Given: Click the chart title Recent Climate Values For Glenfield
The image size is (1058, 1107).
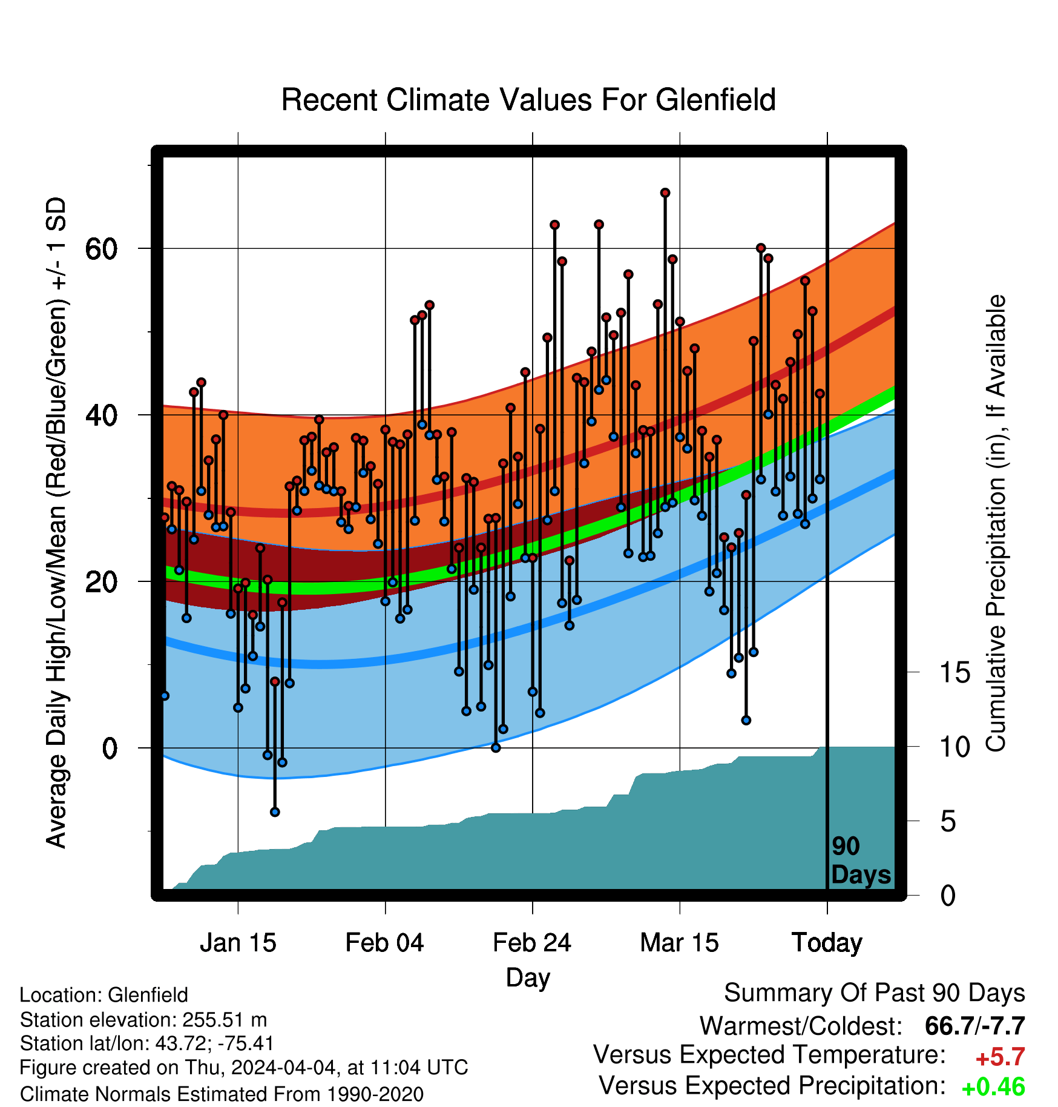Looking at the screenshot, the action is click(528, 100).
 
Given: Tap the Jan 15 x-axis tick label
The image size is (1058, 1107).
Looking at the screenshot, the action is click(238, 943).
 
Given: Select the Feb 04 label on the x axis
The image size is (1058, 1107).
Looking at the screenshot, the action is click(385, 943).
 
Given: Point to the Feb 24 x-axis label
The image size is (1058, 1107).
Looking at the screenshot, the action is click(532, 943).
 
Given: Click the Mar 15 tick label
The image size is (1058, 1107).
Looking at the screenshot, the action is click(679, 943).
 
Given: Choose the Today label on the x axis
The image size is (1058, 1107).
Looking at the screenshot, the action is click(827, 943).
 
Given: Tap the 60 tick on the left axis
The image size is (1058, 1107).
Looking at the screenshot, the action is click(101, 249).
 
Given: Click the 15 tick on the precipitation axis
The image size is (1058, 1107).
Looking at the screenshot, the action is click(955, 673).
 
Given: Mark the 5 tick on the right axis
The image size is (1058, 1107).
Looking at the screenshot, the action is click(948, 822).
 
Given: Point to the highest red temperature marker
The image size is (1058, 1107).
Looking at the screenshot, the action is click(665, 193).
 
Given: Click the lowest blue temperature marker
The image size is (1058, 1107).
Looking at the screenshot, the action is click(275, 812).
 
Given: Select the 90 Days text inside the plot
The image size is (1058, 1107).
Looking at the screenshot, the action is click(861, 861).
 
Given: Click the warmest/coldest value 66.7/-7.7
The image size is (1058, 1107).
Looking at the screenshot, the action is click(975, 1026).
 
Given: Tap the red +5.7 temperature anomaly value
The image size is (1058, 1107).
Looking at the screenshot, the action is click(1000, 1057).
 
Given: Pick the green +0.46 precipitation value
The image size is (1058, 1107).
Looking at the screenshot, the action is click(993, 1088).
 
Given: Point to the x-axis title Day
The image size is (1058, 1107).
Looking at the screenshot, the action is click(528, 978).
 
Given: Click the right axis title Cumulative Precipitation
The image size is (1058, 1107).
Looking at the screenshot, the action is click(996, 524).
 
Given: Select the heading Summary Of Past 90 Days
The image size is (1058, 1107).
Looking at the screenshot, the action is click(875, 993).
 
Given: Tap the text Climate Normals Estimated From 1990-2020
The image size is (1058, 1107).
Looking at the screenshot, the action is click(222, 1094).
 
